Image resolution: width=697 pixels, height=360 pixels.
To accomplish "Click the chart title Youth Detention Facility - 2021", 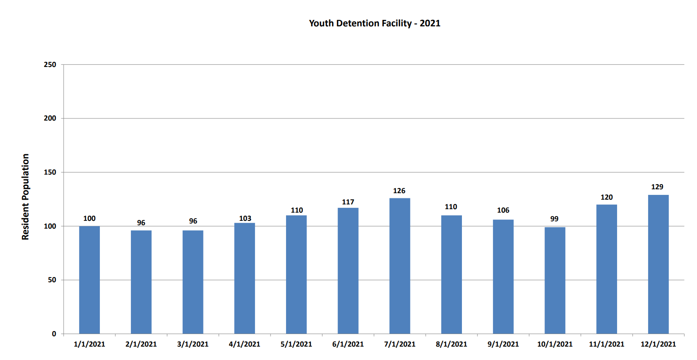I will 374,23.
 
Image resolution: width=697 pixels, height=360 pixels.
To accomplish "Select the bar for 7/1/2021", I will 399,266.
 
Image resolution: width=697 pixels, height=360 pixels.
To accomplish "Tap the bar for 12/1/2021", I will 658,264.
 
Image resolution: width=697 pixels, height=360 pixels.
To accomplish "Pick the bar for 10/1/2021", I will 554,280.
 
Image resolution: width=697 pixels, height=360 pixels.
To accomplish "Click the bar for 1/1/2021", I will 89,280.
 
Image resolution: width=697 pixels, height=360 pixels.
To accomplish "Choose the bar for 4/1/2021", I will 245,278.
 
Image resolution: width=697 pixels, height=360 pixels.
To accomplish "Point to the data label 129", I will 657,187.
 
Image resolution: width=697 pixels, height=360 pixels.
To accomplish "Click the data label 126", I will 399,191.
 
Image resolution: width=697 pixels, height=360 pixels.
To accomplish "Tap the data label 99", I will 554,219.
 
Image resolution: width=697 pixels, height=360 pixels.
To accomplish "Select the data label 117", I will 348,202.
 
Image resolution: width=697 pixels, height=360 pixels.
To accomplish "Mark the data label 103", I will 245,218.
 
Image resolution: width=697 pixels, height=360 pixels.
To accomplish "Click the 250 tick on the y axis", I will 50,64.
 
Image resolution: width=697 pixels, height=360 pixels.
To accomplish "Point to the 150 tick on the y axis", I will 50,172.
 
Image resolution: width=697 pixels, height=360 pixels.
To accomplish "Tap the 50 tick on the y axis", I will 52,280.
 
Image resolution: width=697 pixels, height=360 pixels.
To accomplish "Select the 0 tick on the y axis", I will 54,334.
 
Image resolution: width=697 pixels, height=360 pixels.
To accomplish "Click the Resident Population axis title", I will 25,197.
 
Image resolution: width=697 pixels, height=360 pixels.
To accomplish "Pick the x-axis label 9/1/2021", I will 503,344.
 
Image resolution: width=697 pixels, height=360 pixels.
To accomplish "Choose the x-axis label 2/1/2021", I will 141,344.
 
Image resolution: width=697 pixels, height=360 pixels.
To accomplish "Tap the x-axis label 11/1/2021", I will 606,344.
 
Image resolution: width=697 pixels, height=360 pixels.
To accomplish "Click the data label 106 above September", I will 503,210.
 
